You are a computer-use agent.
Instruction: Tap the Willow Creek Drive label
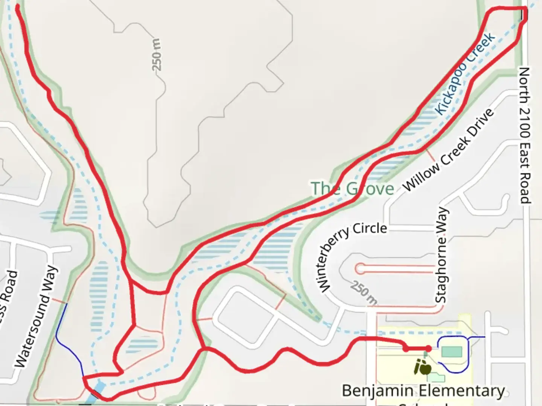pyautogui.click(x=448, y=150)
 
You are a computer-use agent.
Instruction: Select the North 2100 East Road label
pyautogui.click(x=525, y=135)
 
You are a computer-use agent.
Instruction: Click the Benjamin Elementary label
pyautogui.click(x=423, y=391)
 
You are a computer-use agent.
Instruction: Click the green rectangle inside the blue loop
pyautogui.click(x=451, y=352)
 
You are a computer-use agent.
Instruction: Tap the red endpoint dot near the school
pyautogui.click(x=428, y=349)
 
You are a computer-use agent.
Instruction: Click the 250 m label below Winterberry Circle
pyautogui.click(x=363, y=292)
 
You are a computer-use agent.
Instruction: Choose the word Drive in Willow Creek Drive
pyautogui.click(x=479, y=123)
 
